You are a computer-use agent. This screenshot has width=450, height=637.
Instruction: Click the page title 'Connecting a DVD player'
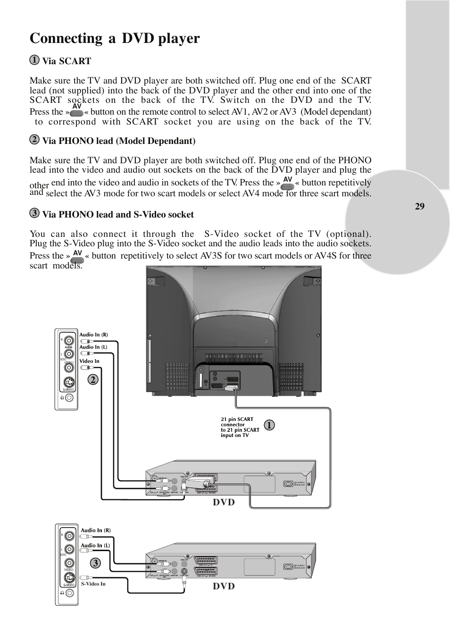[x=115, y=38]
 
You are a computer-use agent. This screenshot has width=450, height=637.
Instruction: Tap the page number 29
[x=420, y=206]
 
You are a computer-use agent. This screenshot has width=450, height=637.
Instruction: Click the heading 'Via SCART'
[x=67, y=61]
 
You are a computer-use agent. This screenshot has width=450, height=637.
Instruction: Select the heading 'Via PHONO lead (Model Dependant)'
[x=118, y=141]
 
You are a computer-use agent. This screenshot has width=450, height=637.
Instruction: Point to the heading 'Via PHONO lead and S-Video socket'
[x=118, y=215]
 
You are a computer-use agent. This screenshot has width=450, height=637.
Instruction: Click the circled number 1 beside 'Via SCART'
[x=34, y=60]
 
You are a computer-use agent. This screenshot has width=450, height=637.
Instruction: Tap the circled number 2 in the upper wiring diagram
[x=92, y=379]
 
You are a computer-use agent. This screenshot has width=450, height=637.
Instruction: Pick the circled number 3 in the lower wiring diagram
[x=95, y=563]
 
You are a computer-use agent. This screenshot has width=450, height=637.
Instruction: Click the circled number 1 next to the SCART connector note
[x=269, y=425]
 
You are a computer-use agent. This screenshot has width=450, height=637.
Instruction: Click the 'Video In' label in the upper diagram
[x=89, y=361]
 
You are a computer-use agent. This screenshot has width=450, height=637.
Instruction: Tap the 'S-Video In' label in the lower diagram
[x=93, y=584]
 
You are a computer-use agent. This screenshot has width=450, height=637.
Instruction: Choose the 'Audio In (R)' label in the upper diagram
[x=93, y=335]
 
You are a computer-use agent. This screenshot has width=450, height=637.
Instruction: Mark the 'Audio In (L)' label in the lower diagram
[x=95, y=545]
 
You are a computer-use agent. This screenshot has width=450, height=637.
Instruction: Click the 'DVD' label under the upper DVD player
[x=224, y=503]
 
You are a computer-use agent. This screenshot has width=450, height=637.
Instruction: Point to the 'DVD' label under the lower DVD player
[x=224, y=587]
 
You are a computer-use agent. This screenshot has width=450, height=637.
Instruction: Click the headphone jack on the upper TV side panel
[x=69, y=397]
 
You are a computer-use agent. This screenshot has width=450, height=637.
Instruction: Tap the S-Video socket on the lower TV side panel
[x=69, y=578]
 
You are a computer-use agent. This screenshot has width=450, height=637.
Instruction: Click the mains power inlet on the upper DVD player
[x=288, y=484]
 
